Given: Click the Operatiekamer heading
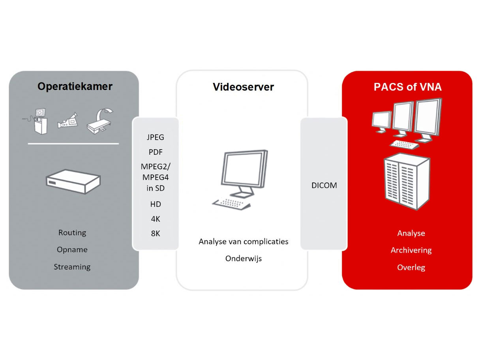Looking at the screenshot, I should click(x=75, y=86).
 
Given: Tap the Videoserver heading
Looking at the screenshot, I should click(x=243, y=87).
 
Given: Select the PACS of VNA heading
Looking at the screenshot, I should click(x=407, y=87).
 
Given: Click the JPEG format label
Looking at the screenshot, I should click(x=155, y=138).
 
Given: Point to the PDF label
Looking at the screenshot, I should click(x=155, y=152).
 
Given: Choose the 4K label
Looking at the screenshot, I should click(x=155, y=219).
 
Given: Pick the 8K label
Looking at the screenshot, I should click(x=155, y=233).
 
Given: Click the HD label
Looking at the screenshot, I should click(x=155, y=204).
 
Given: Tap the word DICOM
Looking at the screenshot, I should click(x=324, y=186).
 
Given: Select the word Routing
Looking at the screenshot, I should click(x=72, y=232).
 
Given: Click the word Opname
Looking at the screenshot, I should click(x=72, y=249).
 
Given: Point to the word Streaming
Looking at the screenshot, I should click(x=72, y=267).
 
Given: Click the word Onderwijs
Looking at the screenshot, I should click(x=244, y=259).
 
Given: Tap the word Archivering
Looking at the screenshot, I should click(x=411, y=250).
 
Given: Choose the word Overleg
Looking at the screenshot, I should click(x=411, y=268).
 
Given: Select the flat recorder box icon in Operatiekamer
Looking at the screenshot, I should click(x=73, y=181).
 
